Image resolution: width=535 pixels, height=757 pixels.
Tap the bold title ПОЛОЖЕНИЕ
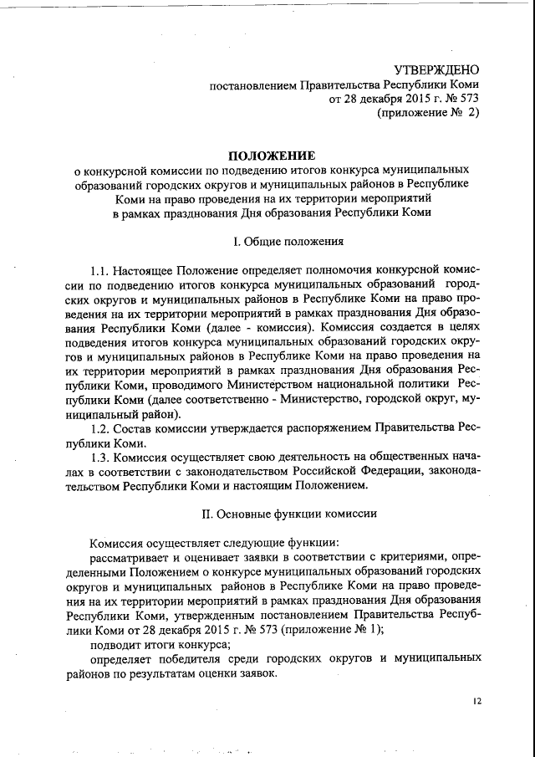point(273,155)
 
